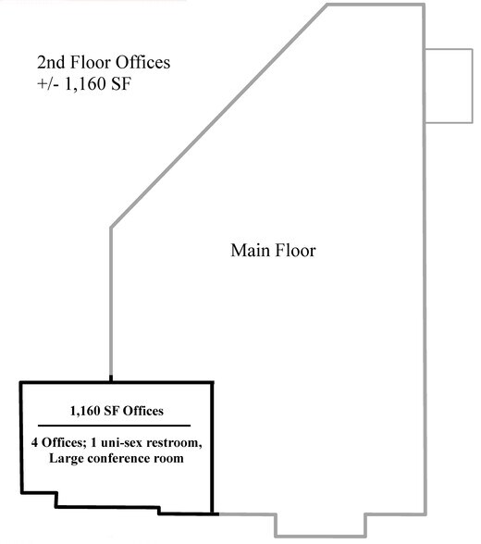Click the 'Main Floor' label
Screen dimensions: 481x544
(x=273, y=251)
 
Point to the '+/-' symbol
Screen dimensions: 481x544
(x=48, y=83)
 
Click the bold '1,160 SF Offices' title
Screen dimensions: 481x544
(x=117, y=411)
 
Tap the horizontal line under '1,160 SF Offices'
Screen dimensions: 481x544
(x=114, y=426)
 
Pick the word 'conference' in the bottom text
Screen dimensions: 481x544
(x=120, y=458)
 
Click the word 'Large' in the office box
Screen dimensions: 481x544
(x=67, y=459)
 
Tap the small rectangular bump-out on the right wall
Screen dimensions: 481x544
(x=450, y=86)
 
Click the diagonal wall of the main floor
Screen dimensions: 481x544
(x=219, y=116)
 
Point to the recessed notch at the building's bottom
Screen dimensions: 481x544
(x=320, y=525)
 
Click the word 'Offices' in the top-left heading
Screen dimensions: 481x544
(x=142, y=63)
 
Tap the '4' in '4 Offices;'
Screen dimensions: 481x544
(x=34, y=443)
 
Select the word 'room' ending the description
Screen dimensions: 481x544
(x=170, y=459)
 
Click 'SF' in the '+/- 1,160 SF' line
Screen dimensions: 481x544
(x=121, y=83)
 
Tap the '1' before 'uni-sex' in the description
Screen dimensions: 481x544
(x=93, y=443)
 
